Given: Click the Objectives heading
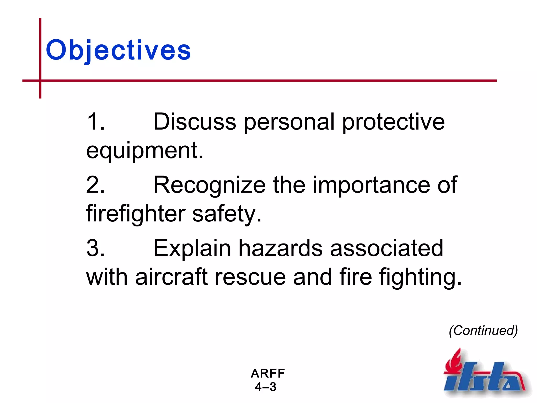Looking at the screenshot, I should click(x=118, y=50).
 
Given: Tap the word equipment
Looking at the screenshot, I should click(x=144, y=151).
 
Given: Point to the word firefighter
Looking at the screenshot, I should click(x=136, y=214).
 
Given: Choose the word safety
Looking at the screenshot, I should click(x=227, y=214).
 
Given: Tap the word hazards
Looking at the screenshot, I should click(x=280, y=248).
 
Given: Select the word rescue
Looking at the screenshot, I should click(x=250, y=278).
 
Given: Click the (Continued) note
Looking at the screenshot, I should click(x=483, y=330).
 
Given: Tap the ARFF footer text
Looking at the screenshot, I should click(x=267, y=373).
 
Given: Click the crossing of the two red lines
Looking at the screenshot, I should click(x=40, y=81).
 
